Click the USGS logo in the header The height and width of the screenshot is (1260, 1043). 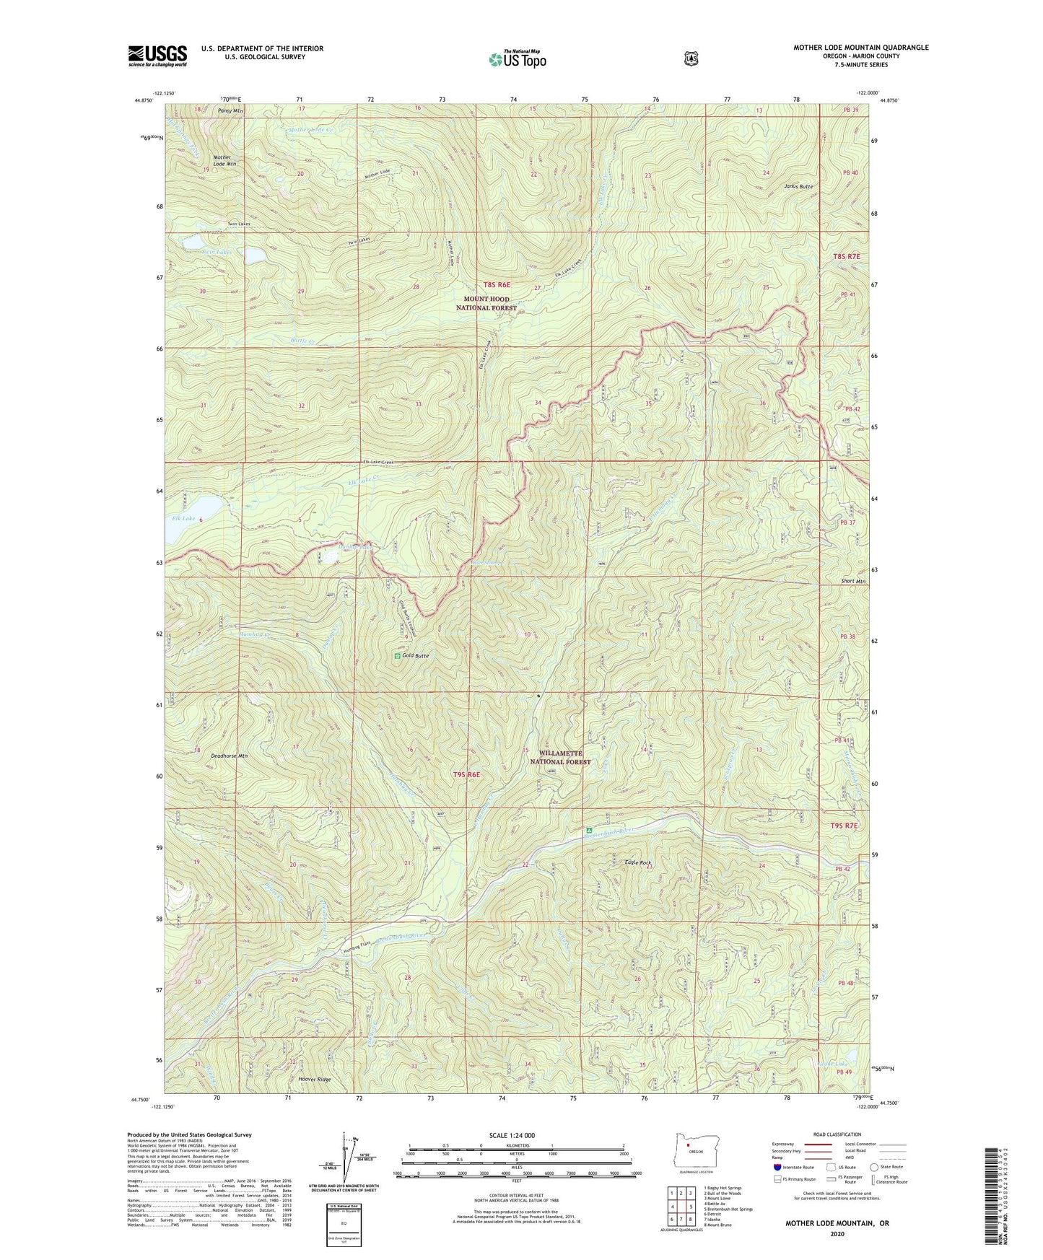click(x=157, y=55)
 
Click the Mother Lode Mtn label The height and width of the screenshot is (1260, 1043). click(x=224, y=160)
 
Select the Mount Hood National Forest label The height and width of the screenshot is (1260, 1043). click(x=486, y=303)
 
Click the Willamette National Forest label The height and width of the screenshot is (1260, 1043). click(x=561, y=757)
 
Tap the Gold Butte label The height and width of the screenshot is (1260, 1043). click(x=415, y=655)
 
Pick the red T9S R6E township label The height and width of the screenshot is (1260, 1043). click(x=466, y=774)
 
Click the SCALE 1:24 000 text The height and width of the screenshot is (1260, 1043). click(x=512, y=1135)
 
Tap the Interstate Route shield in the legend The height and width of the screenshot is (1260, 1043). click(x=777, y=1166)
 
